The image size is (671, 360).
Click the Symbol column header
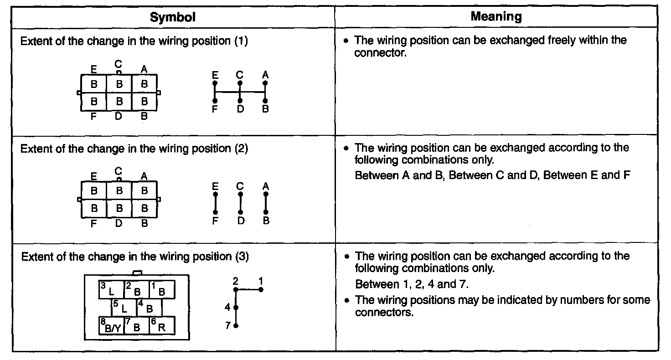click(x=173, y=17)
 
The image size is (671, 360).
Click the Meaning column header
click(x=496, y=17)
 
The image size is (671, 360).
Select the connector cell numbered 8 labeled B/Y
click(x=111, y=325)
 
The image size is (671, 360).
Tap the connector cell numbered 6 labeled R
click(x=162, y=325)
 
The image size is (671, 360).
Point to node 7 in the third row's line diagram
click(x=236, y=326)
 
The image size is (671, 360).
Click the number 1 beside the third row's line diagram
click(x=261, y=280)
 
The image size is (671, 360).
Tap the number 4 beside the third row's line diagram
click(x=227, y=308)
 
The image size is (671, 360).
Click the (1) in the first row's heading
click(x=241, y=41)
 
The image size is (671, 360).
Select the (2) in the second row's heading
click(x=241, y=149)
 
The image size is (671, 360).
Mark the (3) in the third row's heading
click(x=242, y=257)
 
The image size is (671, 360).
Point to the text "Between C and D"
click(x=494, y=175)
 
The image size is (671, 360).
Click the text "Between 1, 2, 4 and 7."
click(x=412, y=284)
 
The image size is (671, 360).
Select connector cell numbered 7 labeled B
click(x=136, y=325)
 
